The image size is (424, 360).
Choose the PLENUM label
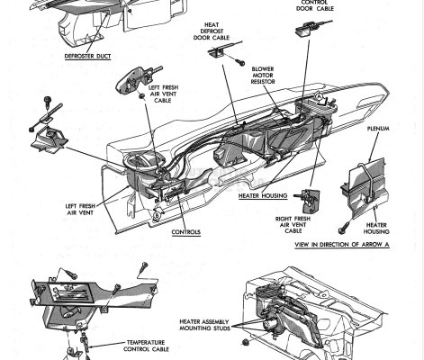coord(377,154)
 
